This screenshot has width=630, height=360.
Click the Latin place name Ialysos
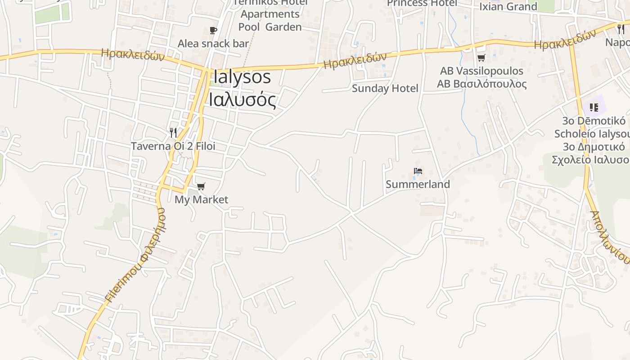[x=242, y=77]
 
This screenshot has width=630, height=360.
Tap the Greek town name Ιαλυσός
[x=242, y=100]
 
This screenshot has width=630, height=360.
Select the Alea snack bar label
[x=213, y=44]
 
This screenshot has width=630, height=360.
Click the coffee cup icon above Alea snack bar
[x=213, y=31]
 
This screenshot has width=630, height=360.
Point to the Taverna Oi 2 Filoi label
[x=173, y=146]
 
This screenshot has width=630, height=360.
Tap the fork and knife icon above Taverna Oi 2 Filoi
[x=173, y=132]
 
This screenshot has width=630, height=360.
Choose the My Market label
[x=201, y=200]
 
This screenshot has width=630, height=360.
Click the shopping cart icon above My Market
[x=201, y=186]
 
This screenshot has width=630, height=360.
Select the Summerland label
[x=418, y=184]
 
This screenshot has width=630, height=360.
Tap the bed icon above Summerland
[x=418, y=171]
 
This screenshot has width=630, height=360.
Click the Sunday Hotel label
[x=385, y=88]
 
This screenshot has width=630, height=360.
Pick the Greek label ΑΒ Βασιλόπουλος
[x=481, y=84]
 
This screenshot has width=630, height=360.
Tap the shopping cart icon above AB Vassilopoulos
[x=481, y=58]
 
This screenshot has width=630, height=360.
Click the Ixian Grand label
[x=508, y=7]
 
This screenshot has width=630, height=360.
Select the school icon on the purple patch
[x=594, y=108]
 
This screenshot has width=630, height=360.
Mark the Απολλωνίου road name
[x=610, y=237]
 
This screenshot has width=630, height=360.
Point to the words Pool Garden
[x=270, y=27]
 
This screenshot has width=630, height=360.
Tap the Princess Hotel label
[x=422, y=4]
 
